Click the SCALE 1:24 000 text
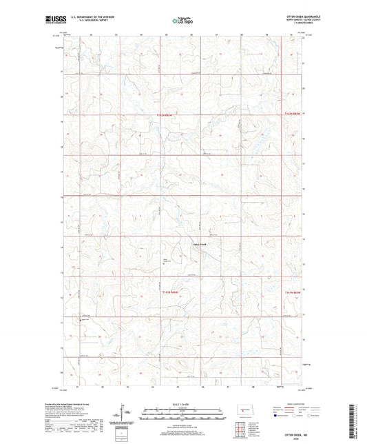[184, 404]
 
